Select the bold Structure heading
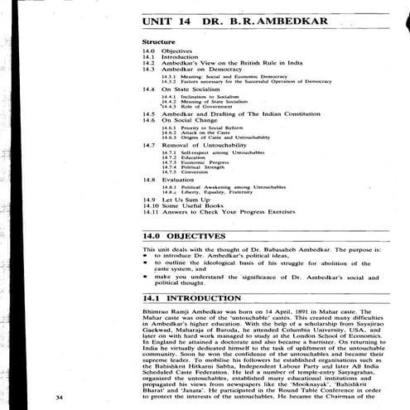(157, 41)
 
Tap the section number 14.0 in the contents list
(147, 51)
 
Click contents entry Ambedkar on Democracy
(195, 70)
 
